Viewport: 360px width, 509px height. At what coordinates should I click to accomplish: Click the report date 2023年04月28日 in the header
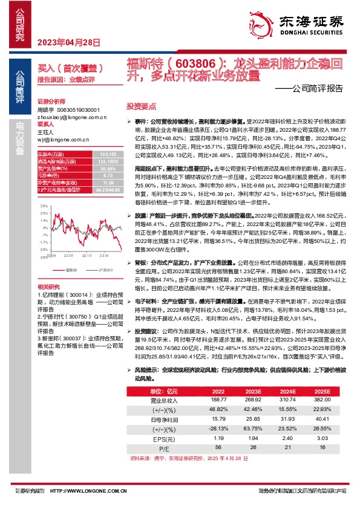pyautogui.click(x=68, y=42)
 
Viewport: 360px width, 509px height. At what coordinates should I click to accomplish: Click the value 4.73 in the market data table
pyautogui.click(x=92, y=175)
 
